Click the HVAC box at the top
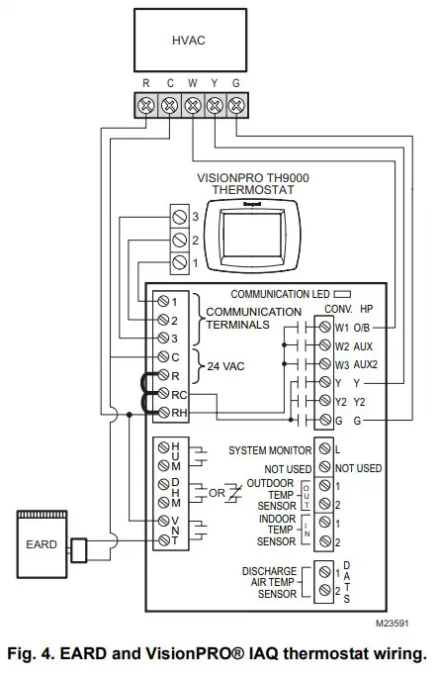[190, 46]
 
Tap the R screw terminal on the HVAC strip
[146, 105]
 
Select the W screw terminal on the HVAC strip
[191, 105]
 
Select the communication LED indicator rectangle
[343, 294]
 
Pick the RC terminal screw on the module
[164, 395]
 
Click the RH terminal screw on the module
[164, 413]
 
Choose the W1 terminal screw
[325, 328]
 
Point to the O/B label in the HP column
[362, 328]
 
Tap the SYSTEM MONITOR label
[267, 450]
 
